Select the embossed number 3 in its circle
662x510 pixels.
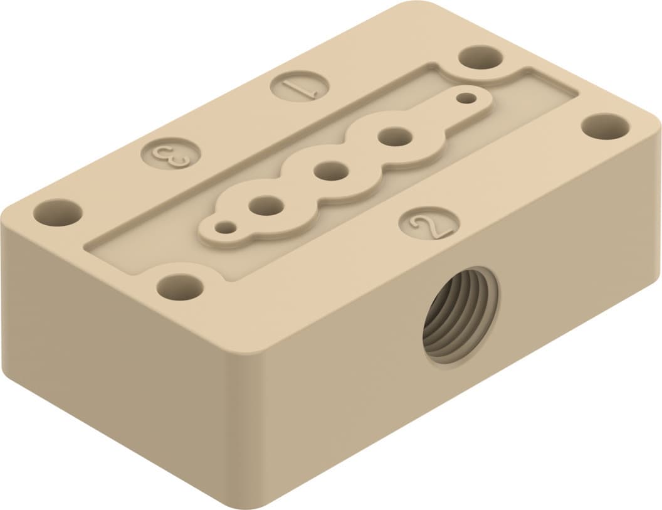(x=171, y=154)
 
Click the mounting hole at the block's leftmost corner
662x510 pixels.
(x=58, y=213)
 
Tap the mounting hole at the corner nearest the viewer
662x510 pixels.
(x=180, y=287)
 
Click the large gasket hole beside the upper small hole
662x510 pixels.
(x=394, y=135)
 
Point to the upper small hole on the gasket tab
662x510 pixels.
(x=466, y=98)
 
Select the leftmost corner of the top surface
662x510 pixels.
(x=8, y=216)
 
